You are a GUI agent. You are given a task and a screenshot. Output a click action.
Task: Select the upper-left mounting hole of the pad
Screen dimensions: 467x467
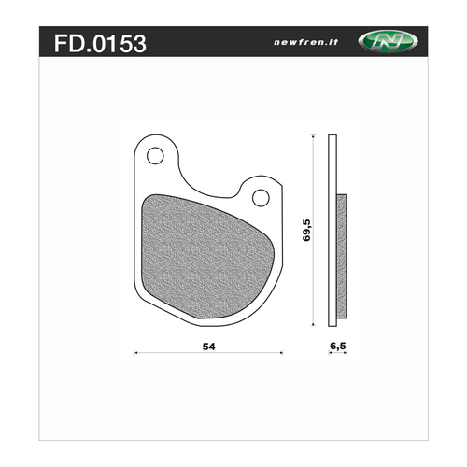(x=154, y=152)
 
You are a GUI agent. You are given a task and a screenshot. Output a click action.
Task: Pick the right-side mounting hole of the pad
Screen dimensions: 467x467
(x=261, y=196)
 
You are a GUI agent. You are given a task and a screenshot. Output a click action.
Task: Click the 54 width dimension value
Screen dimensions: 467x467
(x=209, y=346)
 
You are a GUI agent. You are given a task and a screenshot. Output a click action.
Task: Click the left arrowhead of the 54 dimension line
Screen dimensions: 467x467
(x=138, y=354)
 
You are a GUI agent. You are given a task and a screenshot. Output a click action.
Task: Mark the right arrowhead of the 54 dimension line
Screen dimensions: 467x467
(x=280, y=354)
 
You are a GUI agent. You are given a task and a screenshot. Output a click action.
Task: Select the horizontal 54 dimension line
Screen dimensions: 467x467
(x=177, y=354)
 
